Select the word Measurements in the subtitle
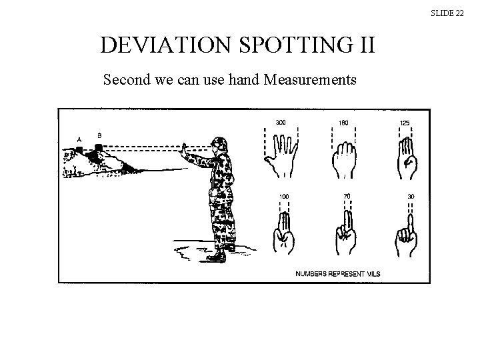(x=310, y=81)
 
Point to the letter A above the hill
(x=79, y=139)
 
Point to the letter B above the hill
(x=99, y=135)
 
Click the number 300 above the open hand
(x=281, y=123)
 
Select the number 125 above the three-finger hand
(x=405, y=123)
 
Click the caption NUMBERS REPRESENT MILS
(x=338, y=274)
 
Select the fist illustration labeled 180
(x=343, y=160)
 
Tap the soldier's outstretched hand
(x=184, y=149)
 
